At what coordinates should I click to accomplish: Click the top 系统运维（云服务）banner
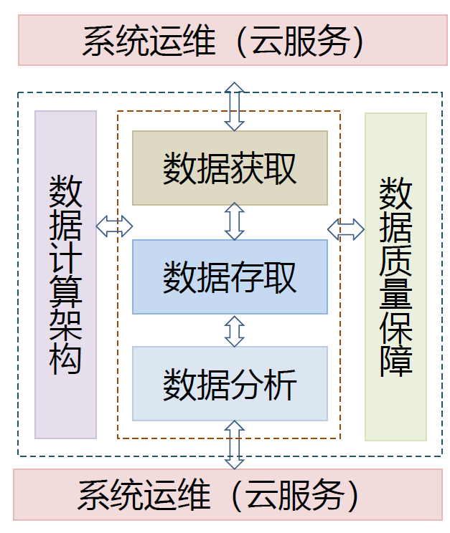233,40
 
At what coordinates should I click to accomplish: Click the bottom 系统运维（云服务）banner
228,494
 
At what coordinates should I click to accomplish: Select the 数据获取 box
230,168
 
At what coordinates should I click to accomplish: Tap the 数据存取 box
230,277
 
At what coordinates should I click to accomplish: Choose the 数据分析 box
230,383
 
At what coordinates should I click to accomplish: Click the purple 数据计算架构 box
66,274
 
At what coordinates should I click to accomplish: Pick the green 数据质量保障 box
396,277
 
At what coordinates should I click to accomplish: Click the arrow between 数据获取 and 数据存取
235,221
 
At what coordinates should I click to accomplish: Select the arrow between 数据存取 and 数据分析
235,332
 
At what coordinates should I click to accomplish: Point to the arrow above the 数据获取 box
235,107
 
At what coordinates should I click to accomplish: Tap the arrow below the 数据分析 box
235,445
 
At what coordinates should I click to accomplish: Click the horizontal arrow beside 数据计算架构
114,226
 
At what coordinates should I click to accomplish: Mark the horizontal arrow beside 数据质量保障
346,229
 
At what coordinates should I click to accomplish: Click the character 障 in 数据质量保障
396,361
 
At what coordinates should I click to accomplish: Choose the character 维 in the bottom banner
194,495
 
